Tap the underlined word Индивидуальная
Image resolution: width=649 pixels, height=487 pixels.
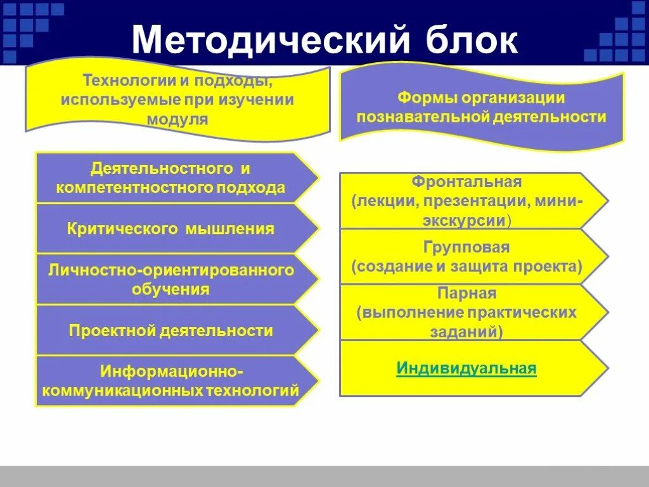(466, 368)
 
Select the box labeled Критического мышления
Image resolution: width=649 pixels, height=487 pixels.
(171, 229)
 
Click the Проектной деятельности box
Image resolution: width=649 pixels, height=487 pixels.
(171, 330)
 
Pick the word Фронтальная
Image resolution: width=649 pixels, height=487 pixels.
(466, 182)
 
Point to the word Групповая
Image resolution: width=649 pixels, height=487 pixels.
(466, 247)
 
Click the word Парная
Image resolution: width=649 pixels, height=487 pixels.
(466, 294)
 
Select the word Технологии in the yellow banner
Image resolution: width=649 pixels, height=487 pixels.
(122, 81)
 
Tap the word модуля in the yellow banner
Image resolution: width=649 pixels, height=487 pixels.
(177, 119)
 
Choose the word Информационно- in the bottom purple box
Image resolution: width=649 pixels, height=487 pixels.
(171, 371)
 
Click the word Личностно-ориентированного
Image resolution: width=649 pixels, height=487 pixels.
(171, 270)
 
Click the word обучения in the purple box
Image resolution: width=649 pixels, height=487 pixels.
(171, 290)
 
